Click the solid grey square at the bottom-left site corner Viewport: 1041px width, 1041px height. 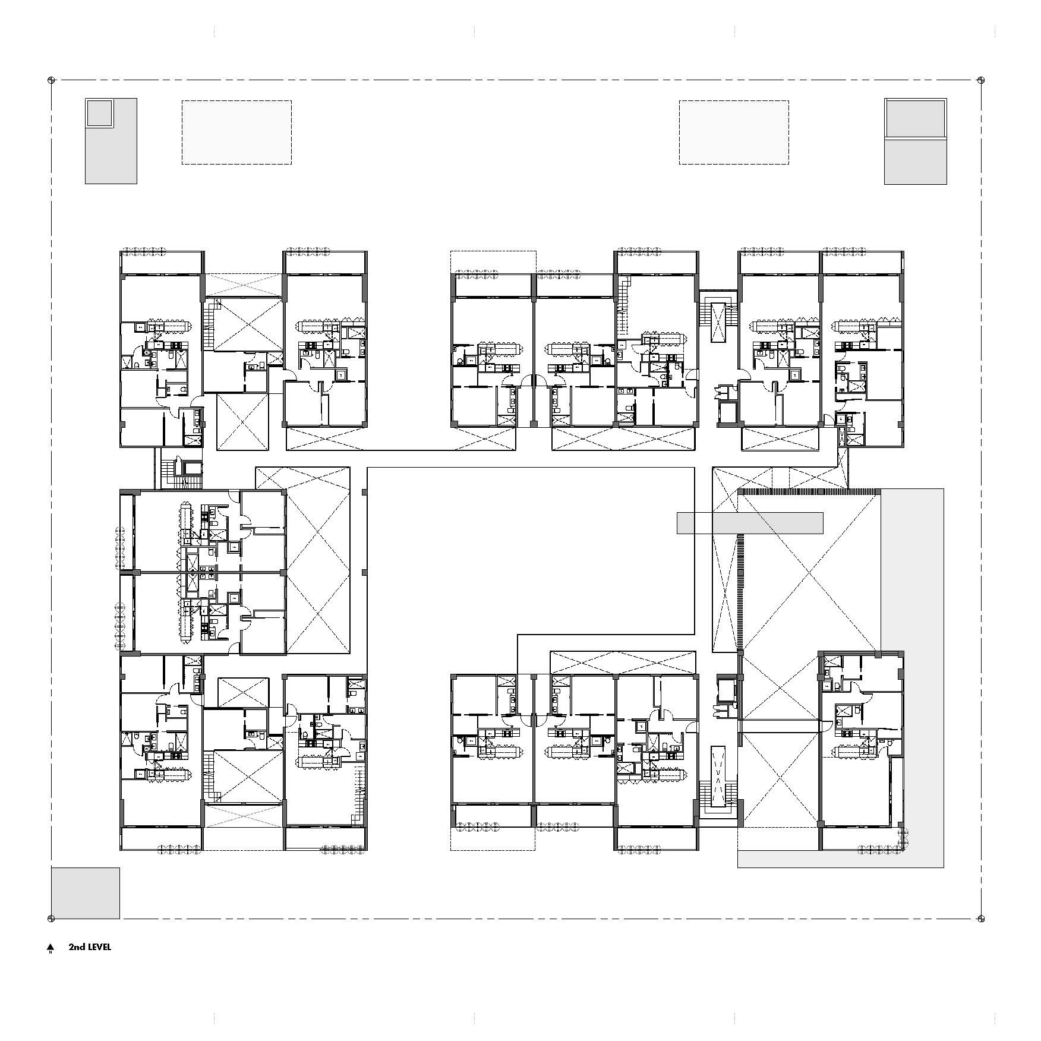pos(85,893)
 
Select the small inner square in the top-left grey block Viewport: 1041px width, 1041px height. pos(99,113)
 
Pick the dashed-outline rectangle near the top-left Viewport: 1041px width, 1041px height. pos(236,132)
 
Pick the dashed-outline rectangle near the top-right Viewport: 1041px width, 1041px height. pos(734,132)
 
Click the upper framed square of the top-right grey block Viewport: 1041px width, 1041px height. pos(915,118)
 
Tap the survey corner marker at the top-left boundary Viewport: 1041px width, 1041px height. pos(51,80)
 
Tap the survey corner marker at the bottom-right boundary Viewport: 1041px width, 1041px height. pos(981,919)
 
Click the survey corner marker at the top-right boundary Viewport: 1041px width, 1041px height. pos(981,80)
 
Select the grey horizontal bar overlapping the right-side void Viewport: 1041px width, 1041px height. pos(750,523)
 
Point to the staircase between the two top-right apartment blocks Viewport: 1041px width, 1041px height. pos(718,321)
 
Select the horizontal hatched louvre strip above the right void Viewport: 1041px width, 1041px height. pos(808,491)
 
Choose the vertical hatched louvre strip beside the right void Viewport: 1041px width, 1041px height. pos(740,591)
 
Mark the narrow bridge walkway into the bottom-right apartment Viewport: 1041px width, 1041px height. pos(778,726)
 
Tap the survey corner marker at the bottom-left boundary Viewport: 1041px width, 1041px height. pos(51,919)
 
